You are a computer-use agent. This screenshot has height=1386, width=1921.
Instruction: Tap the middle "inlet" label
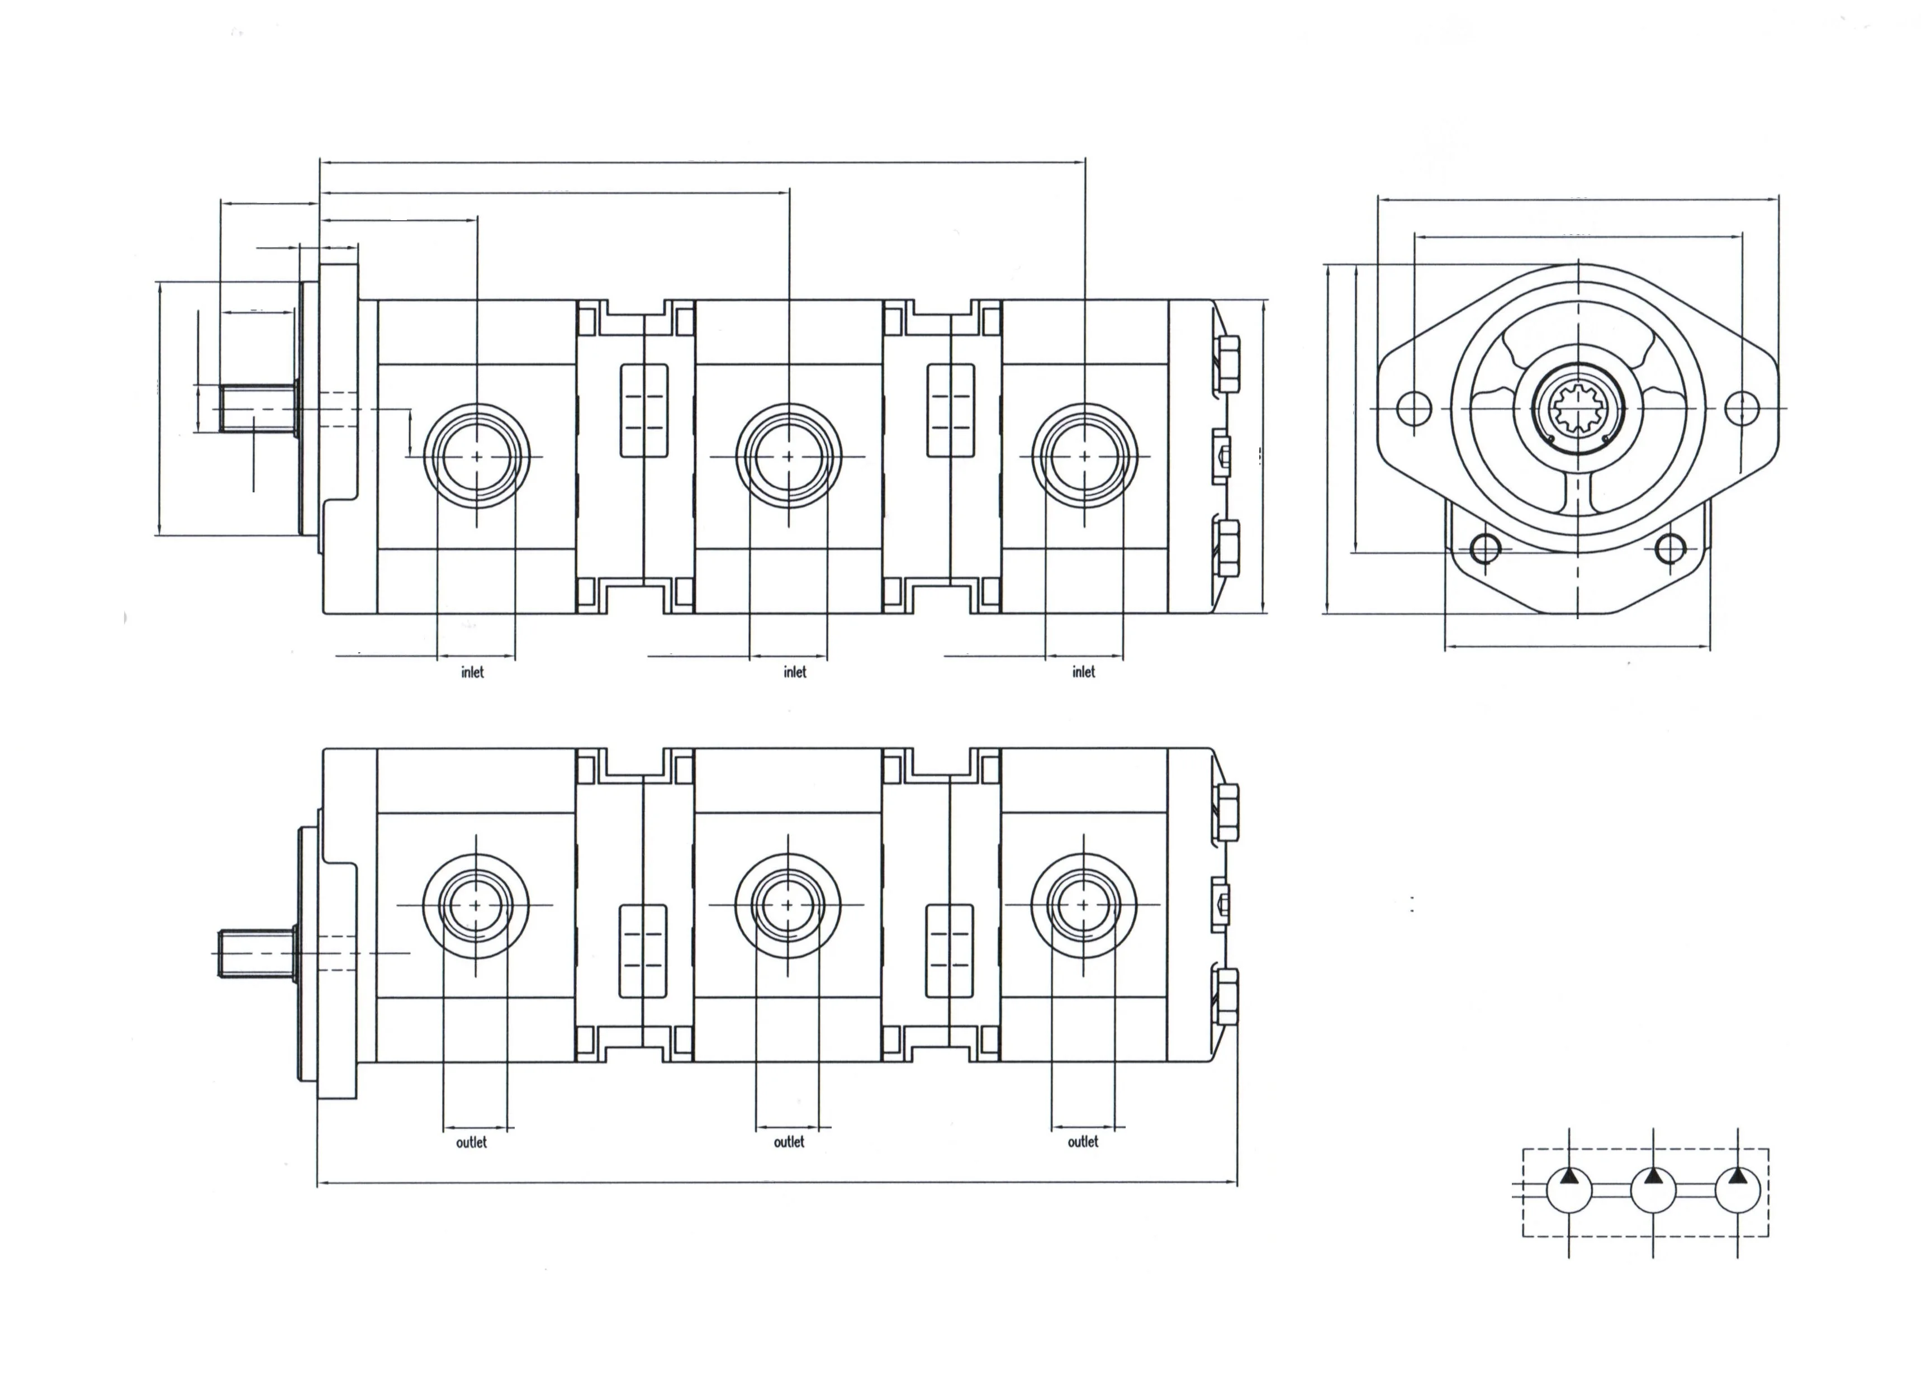point(794,672)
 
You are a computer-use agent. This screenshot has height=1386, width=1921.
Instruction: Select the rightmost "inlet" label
point(1083,672)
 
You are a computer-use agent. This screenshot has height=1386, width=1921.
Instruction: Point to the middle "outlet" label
point(789,1142)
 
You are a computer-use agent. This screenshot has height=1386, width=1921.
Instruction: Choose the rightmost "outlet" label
point(1083,1142)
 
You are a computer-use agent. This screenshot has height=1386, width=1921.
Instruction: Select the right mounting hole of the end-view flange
point(1742,409)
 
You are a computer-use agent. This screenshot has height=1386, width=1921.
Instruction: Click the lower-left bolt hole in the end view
point(1486,549)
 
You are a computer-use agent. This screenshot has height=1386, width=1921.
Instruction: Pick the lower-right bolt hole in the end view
point(1670,549)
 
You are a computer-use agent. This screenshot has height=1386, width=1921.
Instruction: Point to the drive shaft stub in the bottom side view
point(254,953)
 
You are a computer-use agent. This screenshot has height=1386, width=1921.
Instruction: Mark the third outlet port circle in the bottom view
point(1084,905)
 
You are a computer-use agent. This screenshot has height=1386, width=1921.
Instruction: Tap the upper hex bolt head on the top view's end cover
point(1226,364)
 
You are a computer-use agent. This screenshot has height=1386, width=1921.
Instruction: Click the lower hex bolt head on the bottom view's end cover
point(1226,997)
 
